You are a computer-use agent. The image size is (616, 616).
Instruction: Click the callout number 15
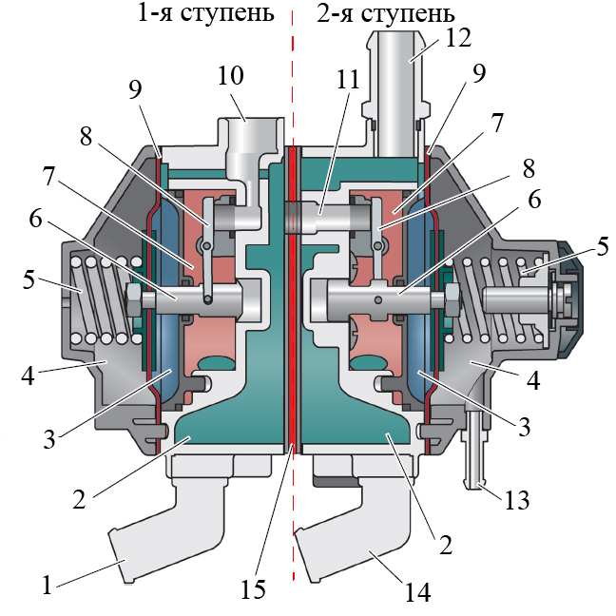click(253, 589)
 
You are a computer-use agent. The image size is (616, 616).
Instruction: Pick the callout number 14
click(419, 593)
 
